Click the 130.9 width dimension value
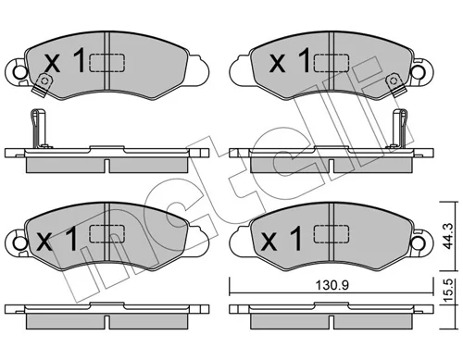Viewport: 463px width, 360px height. click(x=332, y=285)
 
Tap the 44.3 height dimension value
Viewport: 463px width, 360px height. click(x=448, y=236)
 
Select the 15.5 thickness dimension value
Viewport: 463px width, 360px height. click(x=448, y=290)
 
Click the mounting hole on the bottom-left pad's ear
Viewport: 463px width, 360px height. click(x=20, y=243)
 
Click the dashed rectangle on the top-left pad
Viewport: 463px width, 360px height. click(x=107, y=63)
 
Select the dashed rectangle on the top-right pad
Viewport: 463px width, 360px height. click(x=332, y=63)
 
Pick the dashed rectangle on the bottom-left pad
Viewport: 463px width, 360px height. click(x=107, y=233)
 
